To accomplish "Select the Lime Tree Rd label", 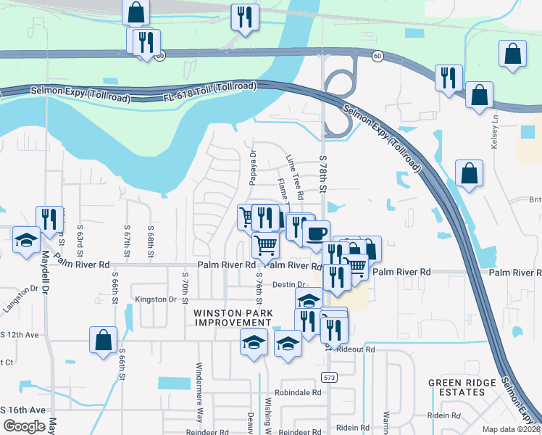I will [294, 173].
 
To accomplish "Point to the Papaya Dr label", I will [254, 167].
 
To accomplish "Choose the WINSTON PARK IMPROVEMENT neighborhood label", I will [233, 318].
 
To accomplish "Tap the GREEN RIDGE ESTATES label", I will [466, 387].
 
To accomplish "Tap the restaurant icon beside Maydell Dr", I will [49, 218].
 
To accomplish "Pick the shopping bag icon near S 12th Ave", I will [103, 339].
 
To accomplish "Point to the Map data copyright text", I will [512, 429].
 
